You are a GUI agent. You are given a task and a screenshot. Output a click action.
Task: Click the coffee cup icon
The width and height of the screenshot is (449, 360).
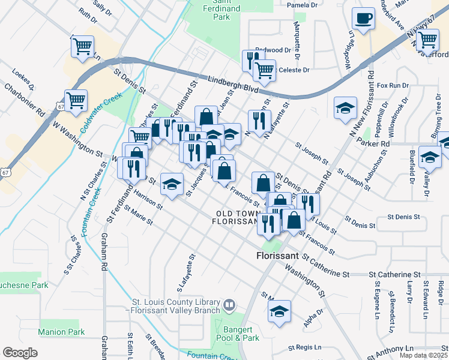pyautogui.click(x=363, y=18)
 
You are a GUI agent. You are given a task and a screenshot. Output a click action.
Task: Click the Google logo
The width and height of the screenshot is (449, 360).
pyautogui.click(x=20, y=353)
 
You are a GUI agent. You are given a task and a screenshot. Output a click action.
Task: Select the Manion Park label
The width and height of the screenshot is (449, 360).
pyautogui.click(x=61, y=332)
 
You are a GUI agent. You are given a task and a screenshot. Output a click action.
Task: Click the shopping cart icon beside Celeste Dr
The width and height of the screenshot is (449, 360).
pyautogui.click(x=264, y=70)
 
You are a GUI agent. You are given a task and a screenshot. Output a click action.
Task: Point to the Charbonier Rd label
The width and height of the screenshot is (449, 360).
pyautogui.click(x=25, y=100)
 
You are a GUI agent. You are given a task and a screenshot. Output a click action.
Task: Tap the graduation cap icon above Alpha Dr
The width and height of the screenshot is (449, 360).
pyautogui.click(x=279, y=311)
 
